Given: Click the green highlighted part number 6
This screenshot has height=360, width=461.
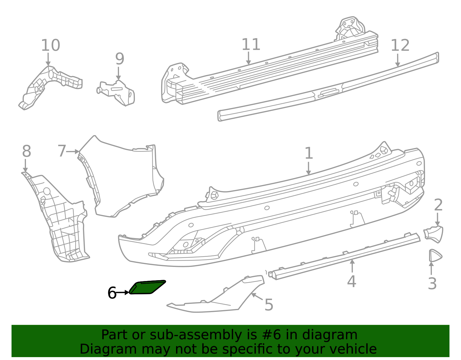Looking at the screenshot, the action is click(147, 287).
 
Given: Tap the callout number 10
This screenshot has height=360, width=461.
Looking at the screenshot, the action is click(50, 45).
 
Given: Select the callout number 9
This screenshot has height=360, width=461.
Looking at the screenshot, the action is click(120, 59).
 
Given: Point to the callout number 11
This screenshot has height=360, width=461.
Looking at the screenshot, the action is click(251, 44).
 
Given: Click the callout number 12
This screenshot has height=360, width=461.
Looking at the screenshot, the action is click(400, 45).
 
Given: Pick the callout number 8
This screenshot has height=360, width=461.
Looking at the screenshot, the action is click(27, 151).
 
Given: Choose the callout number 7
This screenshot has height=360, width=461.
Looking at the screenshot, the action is click(62, 151).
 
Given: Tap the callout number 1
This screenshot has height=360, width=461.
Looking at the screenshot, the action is click(309, 153).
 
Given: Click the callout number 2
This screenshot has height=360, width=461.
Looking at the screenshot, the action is click(438, 205).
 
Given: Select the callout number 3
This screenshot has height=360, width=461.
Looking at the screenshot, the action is click(432, 283).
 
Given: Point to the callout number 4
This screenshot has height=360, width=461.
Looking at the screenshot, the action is click(352, 281).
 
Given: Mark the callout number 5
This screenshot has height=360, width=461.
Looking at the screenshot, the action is click(269, 305).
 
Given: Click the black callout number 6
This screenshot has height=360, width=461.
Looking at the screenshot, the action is click(112, 293).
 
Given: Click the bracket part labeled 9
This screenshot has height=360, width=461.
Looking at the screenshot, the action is click(116, 93).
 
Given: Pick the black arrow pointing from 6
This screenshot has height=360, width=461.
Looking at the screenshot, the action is click(123, 293).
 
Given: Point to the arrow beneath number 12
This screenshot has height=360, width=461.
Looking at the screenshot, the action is click(398, 60).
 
